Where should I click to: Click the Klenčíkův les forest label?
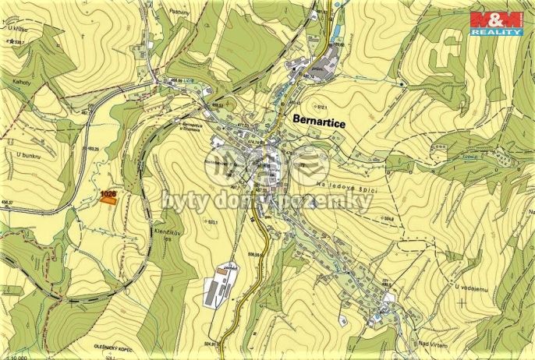[x=161, y=215]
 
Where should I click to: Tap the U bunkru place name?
[x=27, y=155]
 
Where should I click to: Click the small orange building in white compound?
[x=231, y=267]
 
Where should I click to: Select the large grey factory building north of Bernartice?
[x=324, y=62]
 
